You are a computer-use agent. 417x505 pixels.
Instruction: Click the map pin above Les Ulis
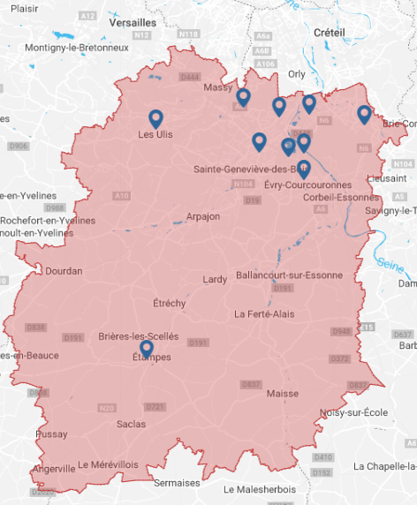(x=156, y=118)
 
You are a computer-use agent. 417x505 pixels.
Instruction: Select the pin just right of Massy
(x=243, y=97)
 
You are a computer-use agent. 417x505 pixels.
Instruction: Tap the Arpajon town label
(x=203, y=216)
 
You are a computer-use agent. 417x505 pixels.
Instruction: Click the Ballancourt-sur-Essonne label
(x=289, y=275)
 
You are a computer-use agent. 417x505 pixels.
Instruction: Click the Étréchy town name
(x=170, y=303)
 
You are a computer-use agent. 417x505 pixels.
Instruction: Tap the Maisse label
(x=283, y=393)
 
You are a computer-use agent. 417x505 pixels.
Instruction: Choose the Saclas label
(x=132, y=424)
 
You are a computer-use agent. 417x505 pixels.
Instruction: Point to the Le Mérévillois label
(x=109, y=464)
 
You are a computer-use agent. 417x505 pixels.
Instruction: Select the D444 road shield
(x=190, y=78)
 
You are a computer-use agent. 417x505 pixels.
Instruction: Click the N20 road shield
(x=107, y=407)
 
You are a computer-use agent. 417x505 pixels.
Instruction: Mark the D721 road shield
(x=155, y=406)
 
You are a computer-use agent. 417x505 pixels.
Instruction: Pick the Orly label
(x=297, y=75)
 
